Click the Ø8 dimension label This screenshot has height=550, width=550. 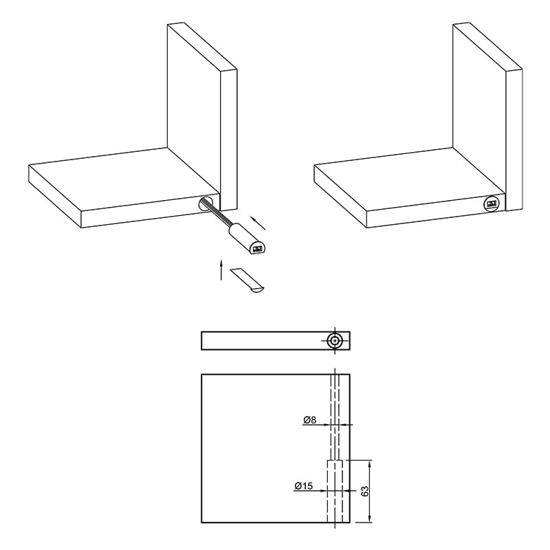(x=310, y=420)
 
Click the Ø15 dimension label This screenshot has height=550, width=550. (x=304, y=486)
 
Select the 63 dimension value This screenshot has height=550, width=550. (x=365, y=491)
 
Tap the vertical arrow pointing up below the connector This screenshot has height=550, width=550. (x=221, y=270)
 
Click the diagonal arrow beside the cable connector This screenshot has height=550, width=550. (x=258, y=223)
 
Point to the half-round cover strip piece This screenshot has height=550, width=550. (x=247, y=280)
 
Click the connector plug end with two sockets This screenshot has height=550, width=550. (x=257, y=249)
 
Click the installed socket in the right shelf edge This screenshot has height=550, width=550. (x=493, y=203)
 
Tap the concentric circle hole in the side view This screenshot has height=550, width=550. (x=335, y=340)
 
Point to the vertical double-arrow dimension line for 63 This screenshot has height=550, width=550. (x=369, y=491)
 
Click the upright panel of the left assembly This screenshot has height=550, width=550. (x=202, y=115)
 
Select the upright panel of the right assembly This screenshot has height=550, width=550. (x=488, y=115)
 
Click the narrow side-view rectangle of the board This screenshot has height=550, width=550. (x=276, y=340)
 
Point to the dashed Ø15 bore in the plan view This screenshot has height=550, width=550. (x=335, y=491)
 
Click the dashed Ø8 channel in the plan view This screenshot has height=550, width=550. (x=335, y=417)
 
